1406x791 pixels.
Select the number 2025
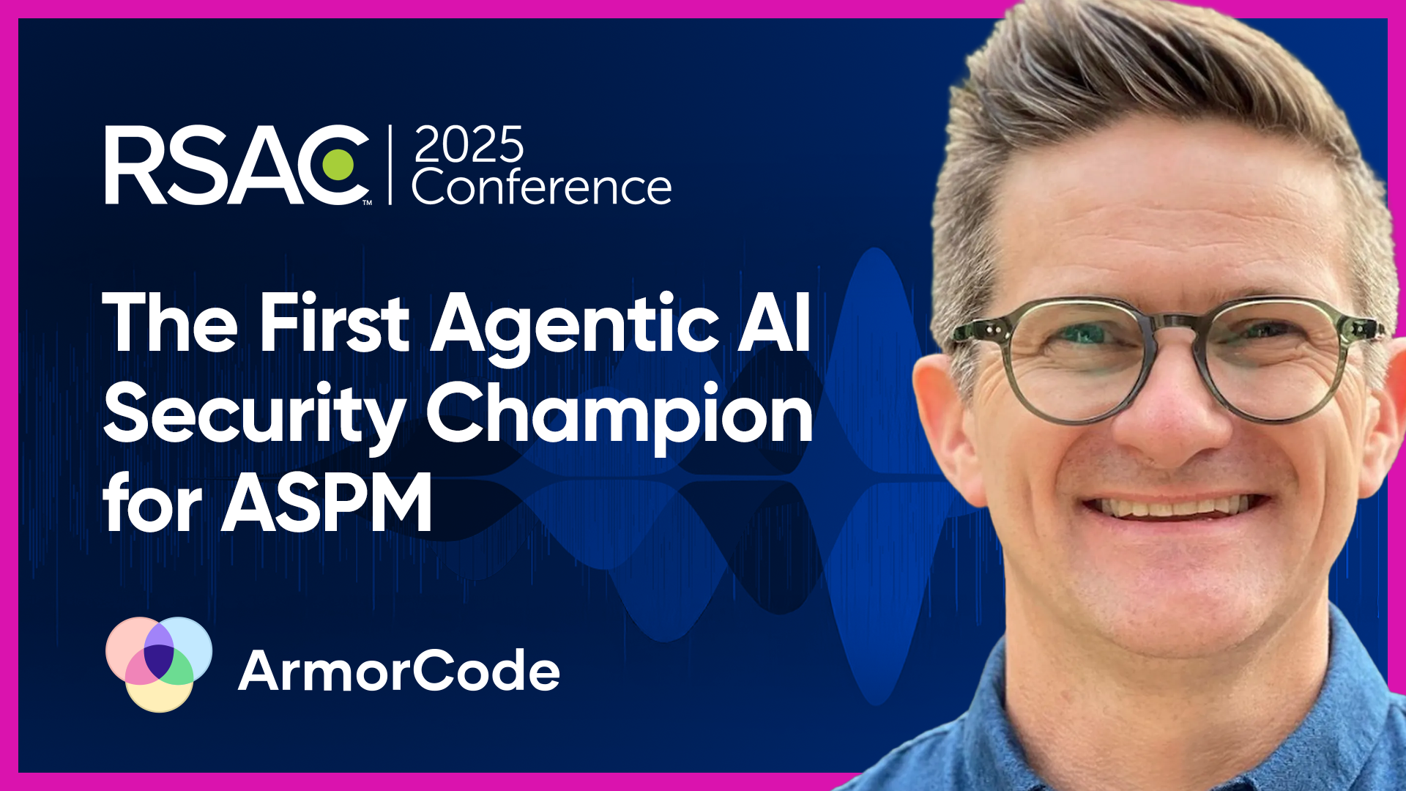coord(469,146)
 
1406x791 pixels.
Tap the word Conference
coord(542,187)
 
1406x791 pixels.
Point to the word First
coord(335,324)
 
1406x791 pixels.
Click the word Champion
coord(620,414)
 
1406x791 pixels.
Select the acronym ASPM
coord(327,504)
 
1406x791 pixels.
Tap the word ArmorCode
coord(399,671)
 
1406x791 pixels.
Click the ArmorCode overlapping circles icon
coord(159,664)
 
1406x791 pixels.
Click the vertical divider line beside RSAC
coord(390,166)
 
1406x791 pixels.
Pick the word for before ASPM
coord(152,504)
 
